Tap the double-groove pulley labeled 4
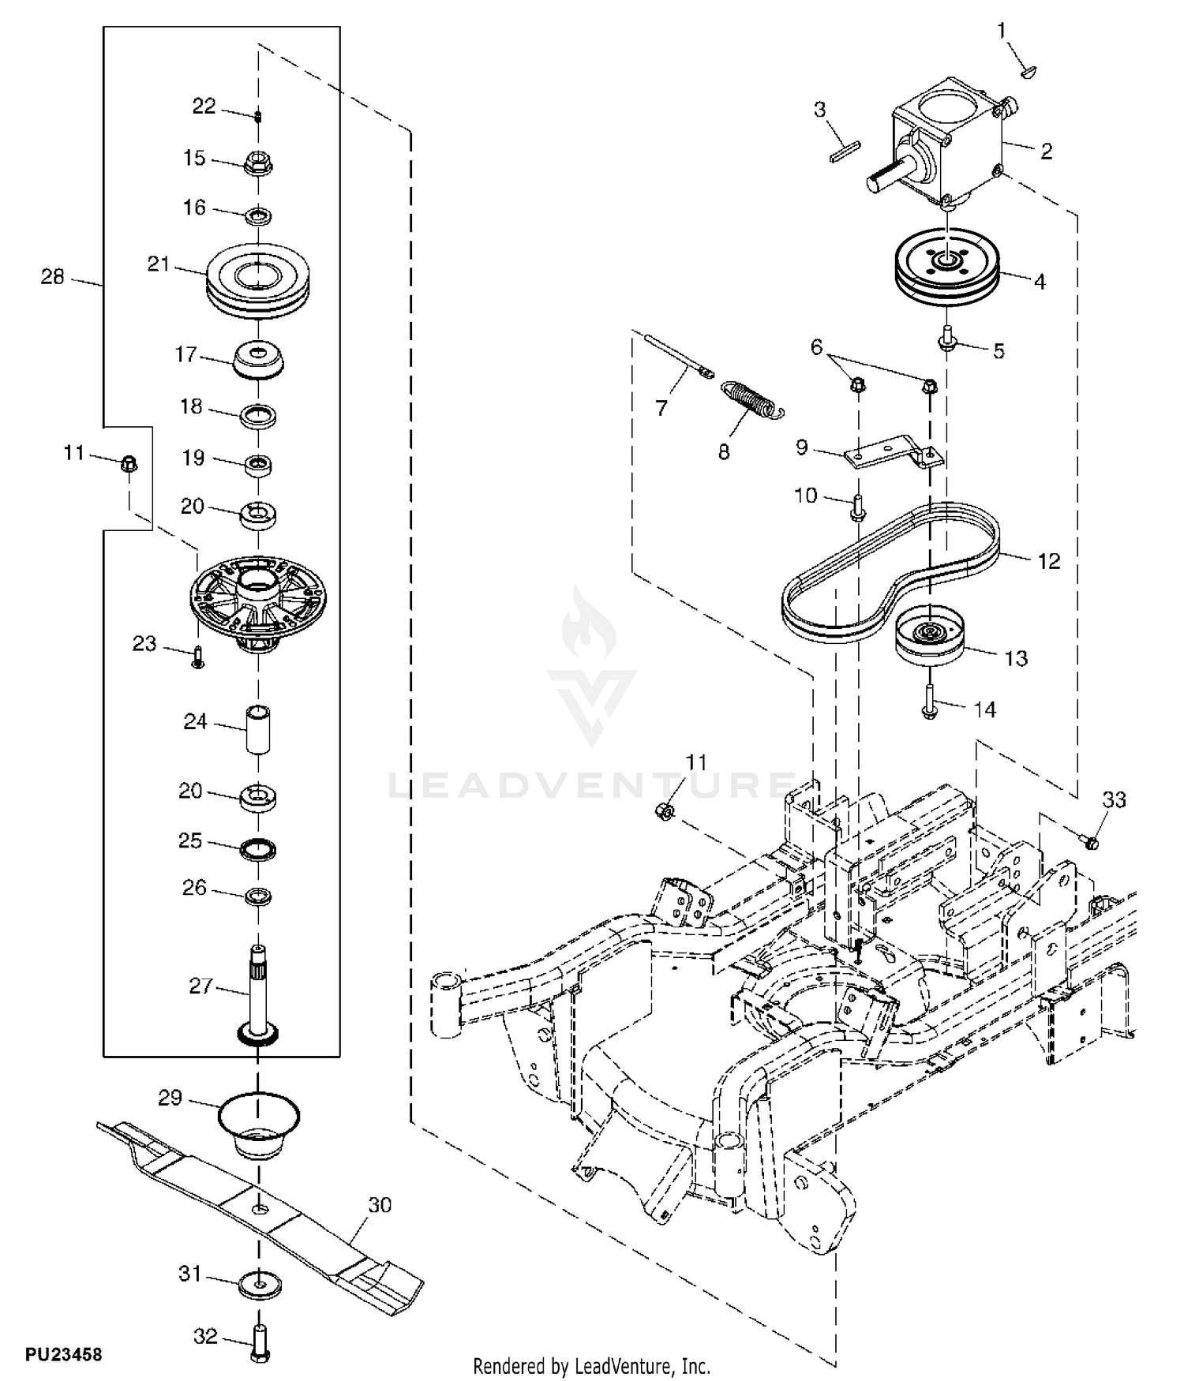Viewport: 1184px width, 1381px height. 947,268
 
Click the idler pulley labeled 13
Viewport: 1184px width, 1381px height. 932,634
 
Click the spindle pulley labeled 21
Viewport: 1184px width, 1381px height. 259,282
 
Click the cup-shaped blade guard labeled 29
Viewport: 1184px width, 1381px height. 259,1125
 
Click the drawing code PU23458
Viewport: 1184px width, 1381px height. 64,1354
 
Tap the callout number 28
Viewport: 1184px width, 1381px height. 52,277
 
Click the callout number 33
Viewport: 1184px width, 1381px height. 1114,799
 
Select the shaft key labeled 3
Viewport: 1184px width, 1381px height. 844,151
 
